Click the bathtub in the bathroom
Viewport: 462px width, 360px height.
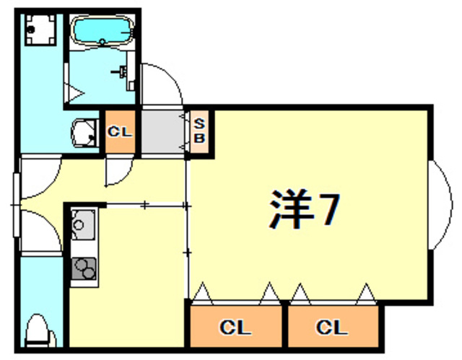click(x=102, y=30)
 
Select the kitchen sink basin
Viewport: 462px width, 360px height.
click(x=83, y=224)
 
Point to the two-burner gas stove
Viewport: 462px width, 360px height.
click(x=84, y=268)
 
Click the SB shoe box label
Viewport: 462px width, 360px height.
click(x=199, y=131)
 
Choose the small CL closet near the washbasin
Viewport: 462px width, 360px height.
click(x=121, y=132)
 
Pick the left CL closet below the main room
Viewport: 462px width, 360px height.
click(x=235, y=327)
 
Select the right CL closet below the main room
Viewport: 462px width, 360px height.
click(x=333, y=327)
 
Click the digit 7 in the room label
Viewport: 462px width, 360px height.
click(x=328, y=209)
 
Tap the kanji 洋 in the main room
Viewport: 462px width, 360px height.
click(x=291, y=209)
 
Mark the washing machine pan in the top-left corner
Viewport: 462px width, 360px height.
click(x=40, y=30)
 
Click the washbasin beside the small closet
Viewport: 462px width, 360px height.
click(x=84, y=133)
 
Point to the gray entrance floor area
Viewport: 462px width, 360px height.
click(x=162, y=132)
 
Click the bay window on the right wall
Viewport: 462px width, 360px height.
click(x=441, y=205)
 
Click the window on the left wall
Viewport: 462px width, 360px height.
click(x=16, y=205)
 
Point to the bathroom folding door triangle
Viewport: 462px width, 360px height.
click(x=74, y=93)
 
